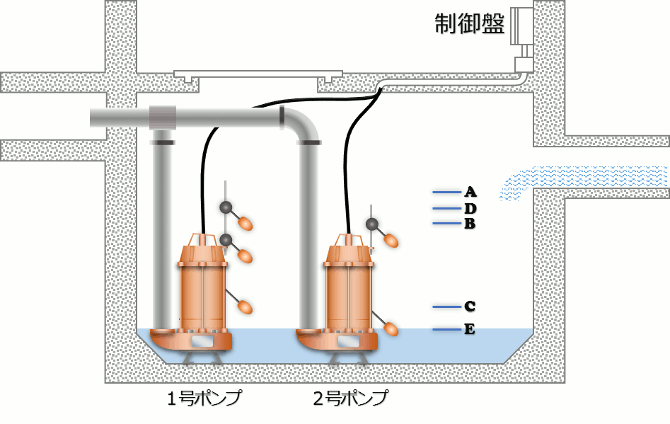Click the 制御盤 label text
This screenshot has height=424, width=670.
tap(469, 24)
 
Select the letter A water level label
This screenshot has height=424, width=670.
tap(470, 192)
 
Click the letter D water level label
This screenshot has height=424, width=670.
tap(470, 209)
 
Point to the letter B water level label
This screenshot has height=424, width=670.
tap(470, 224)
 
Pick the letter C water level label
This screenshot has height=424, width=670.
tap(470, 306)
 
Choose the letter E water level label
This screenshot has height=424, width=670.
tap(470, 329)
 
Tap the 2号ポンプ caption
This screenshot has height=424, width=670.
tap(351, 398)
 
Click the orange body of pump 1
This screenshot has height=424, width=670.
tap(203, 290)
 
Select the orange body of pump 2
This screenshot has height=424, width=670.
tap(348, 290)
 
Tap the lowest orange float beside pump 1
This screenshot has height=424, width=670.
tap(245, 307)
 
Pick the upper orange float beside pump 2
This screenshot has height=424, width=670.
tap(390, 241)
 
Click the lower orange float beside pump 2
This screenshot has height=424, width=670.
tap(391, 328)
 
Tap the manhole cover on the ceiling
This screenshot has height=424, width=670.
tap(259, 74)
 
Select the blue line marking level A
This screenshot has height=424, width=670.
tap(446, 192)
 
